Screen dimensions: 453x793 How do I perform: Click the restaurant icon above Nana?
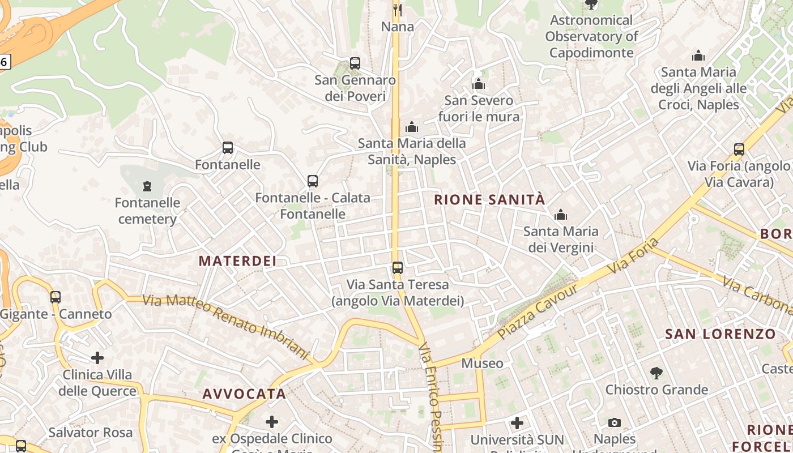(398, 10)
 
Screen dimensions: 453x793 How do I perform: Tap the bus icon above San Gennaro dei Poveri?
(355, 63)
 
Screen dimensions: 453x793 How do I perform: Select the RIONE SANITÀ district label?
(489, 199)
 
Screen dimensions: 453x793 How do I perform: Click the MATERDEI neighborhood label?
(237, 261)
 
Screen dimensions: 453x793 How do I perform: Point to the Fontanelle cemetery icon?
(147, 186)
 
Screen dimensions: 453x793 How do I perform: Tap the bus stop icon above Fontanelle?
(228, 148)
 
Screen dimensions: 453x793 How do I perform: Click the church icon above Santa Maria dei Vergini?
(561, 215)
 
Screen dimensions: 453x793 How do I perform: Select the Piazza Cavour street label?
(539, 311)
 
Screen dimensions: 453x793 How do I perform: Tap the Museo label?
(482, 363)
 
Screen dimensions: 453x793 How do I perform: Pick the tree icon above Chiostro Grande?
(656, 373)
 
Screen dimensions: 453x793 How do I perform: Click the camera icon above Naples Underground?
(615, 422)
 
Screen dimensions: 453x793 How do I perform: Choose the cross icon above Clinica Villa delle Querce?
(97, 358)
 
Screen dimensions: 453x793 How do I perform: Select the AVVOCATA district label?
(244, 394)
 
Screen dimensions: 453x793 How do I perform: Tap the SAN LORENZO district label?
(720, 334)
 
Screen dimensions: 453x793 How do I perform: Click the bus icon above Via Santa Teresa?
(398, 268)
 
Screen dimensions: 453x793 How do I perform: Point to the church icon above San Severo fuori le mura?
(479, 84)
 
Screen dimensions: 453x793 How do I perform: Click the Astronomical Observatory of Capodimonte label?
(591, 36)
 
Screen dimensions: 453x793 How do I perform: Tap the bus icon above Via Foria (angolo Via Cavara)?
(739, 149)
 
